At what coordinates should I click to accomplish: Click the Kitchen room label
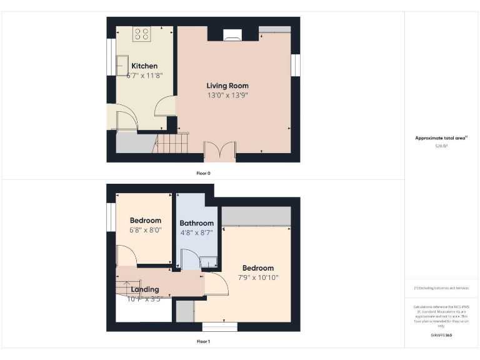tap(144, 66)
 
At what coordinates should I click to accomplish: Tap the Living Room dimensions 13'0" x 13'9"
tap(227, 96)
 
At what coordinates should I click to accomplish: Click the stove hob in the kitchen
tap(141, 34)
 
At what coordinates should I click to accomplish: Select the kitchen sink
tap(122, 65)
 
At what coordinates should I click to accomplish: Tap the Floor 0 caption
tap(203, 172)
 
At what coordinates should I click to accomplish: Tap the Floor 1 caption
tap(203, 341)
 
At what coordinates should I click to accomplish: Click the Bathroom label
tap(197, 223)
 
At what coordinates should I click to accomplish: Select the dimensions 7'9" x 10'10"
tap(258, 277)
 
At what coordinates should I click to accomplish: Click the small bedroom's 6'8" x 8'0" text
tap(145, 229)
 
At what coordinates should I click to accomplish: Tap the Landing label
tap(144, 289)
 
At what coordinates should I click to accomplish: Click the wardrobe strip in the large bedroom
tap(256, 216)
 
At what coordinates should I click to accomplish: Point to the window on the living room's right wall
tap(296, 64)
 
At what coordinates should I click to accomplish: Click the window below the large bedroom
tap(219, 326)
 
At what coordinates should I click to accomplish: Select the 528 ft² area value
tap(441, 146)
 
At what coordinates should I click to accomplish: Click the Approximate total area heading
tap(441, 138)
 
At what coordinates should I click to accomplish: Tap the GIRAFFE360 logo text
tap(441, 336)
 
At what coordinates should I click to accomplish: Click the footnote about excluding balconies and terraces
tap(441, 287)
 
